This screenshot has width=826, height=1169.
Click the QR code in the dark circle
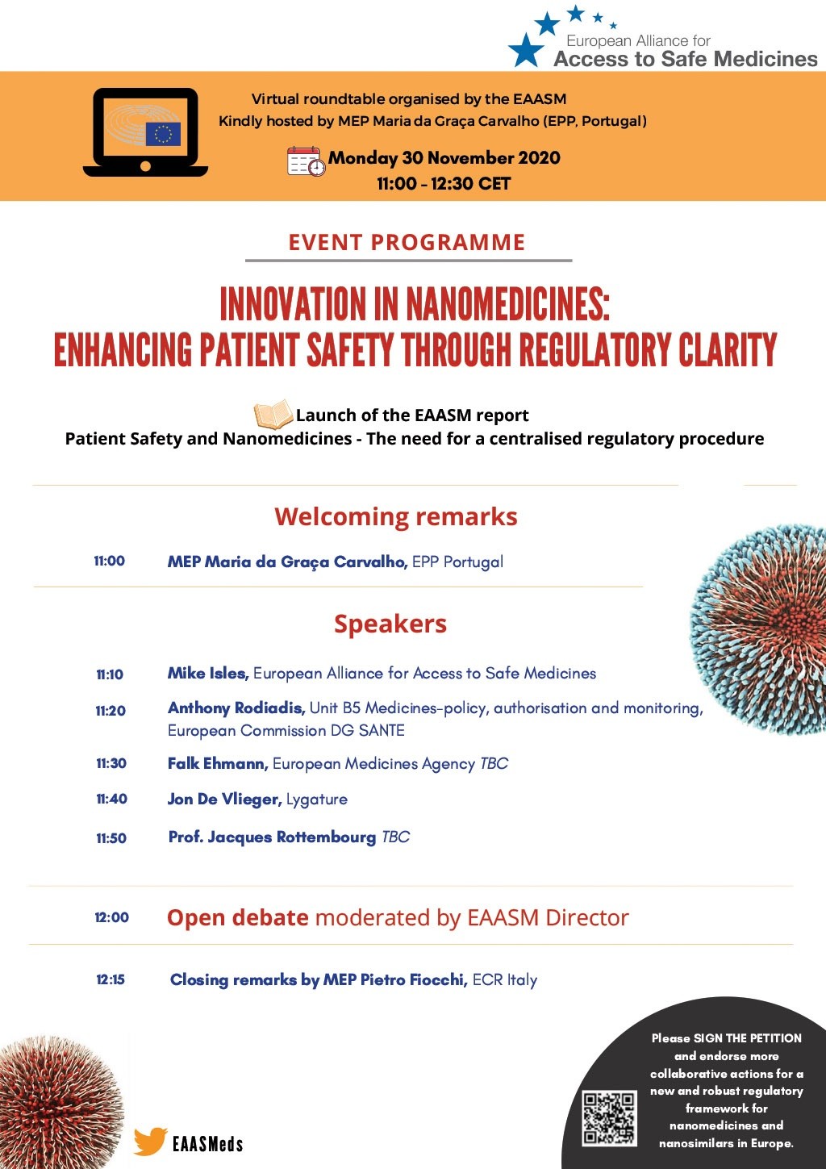click(x=609, y=1118)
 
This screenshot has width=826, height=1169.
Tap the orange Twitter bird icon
click(x=150, y=1141)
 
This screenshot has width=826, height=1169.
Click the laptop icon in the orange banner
click(x=145, y=132)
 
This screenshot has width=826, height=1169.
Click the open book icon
click(x=273, y=413)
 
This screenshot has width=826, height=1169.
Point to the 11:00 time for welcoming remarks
click(x=110, y=561)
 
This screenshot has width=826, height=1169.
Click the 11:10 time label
click(x=110, y=674)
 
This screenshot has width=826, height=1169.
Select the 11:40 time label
click(x=111, y=799)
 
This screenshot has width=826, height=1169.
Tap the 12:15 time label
click(x=111, y=979)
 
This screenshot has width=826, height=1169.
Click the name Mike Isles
click(x=207, y=673)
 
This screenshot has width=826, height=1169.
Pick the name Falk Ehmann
click(x=218, y=763)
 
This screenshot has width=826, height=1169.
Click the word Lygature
click(x=317, y=800)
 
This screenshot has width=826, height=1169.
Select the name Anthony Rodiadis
click(x=236, y=708)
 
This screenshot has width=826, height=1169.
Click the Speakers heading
click(x=390, y=624)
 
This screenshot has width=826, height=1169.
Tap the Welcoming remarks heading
click(x=396, y=516)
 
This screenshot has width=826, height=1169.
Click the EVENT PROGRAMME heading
click(x=407, y=242)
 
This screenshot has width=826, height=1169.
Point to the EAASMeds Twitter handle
click(x=207, y=1144)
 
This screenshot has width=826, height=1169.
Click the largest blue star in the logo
click(x=526, y=50)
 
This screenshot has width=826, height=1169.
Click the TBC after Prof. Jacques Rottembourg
click(x=395, y=837)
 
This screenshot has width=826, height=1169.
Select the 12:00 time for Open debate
click(x=111, y=917)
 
